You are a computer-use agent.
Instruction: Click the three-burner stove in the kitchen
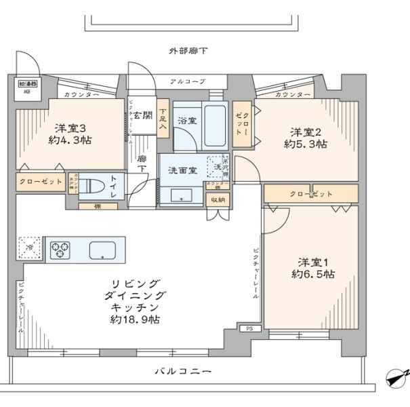click(60, 249)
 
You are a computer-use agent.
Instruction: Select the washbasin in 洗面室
click(181, 195)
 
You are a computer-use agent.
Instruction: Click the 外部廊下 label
click(189, 51)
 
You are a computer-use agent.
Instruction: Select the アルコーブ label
click(188, 81)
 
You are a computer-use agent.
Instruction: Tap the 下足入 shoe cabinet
click(163, 119)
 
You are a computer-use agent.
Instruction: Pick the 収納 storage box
click(218, 200)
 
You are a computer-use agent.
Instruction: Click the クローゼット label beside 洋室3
click(40, 182)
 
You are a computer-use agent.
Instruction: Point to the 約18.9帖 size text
click(136, 319)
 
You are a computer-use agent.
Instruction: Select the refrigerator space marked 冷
click(29, 248)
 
